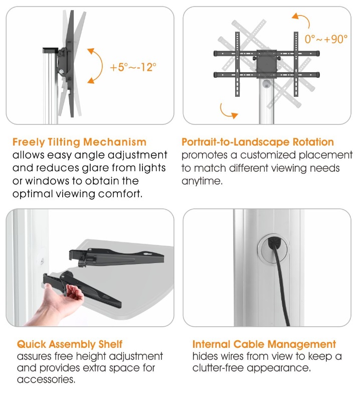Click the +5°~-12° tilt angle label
(x=133, y=67)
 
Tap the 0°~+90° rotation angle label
(x=326, y=39)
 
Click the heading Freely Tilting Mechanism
(x=79, y=143)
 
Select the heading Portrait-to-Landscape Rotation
(x=258, y=142)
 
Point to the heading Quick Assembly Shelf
(x=69, y=344)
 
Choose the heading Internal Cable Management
(x=264, y=344)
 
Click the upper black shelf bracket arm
(x=116, y=257)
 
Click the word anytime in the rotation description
(x=202, y=181)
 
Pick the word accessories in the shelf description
(x=46, y=379)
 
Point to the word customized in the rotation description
(x=268, y=155)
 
